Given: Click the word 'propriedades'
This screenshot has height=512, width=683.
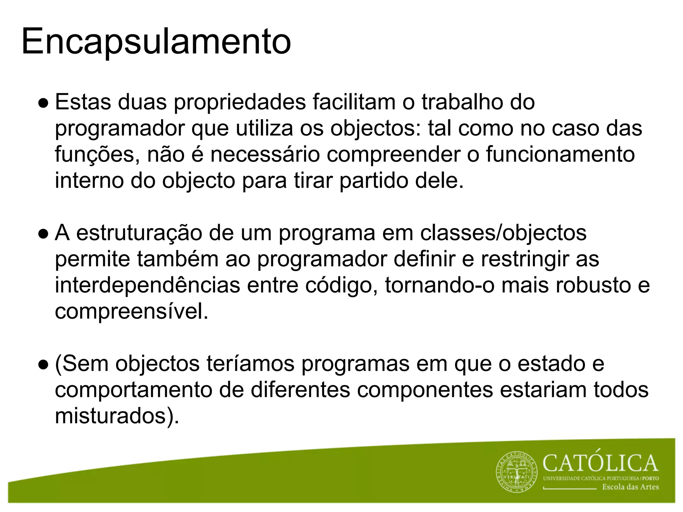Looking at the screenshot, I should (240, 103).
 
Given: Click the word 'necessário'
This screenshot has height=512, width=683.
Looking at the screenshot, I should (265, 155).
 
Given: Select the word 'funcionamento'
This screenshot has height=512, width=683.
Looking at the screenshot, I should (560, 155).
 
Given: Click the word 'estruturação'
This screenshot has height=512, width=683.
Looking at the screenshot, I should (139, 233).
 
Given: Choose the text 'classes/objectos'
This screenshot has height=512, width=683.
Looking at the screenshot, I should (503, 233).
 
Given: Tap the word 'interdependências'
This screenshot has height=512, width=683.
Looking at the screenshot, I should (147, 285).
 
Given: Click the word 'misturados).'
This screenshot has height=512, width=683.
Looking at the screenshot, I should (117, 416).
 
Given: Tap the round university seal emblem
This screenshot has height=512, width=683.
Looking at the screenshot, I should (517, 473).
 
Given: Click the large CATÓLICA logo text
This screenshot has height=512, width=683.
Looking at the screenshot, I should (601, 463).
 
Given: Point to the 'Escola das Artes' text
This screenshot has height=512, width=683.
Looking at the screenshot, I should (630, 487).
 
